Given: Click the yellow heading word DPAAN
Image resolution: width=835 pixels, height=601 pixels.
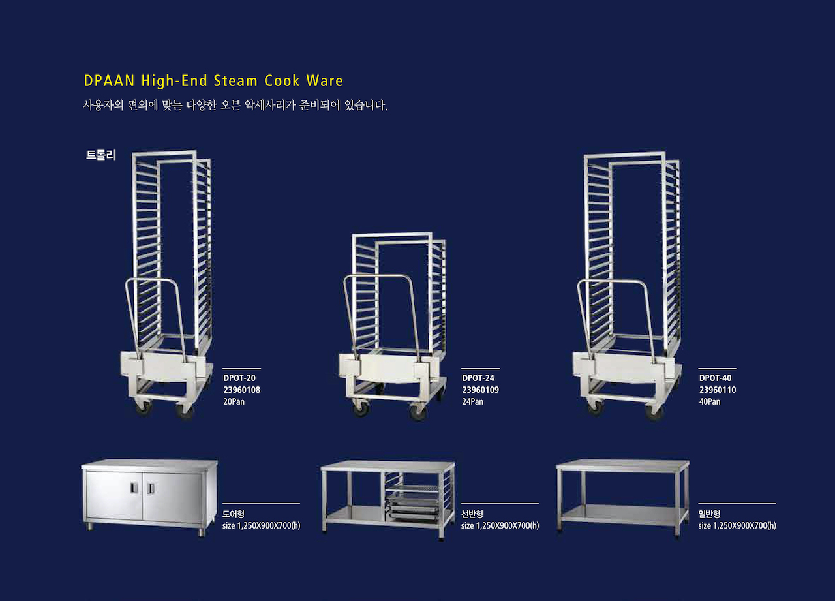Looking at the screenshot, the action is tap(109, 81).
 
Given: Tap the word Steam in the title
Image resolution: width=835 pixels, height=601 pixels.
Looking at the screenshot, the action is tap(235, 81).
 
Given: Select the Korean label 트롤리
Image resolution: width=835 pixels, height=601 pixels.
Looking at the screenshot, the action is tap(100, 155).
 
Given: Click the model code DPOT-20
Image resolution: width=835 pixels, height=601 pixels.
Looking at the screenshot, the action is tap(239, 378).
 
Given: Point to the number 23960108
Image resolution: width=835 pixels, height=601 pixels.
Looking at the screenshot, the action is tap(241, 390).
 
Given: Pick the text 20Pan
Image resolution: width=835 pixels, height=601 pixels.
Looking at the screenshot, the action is tap(234, 401).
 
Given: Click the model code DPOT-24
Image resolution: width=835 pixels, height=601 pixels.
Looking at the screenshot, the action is tap(478, 378).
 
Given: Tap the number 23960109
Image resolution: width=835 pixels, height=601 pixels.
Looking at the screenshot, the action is tap(480, 390).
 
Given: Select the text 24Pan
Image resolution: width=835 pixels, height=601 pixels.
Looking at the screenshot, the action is tap(472, 401).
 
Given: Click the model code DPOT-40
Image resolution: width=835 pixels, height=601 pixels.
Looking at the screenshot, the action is tap(715, 378).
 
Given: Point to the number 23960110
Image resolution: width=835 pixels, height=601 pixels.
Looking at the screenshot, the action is tap(717, 390).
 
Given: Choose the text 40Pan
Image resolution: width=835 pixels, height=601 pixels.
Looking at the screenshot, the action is tap(709, 401).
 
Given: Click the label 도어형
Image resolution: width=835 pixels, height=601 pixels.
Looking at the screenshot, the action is tap(234, 514).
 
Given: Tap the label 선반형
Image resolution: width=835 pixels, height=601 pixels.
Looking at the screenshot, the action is tap(472, 514).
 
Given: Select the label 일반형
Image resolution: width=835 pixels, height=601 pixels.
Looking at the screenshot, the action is tap(709, 514).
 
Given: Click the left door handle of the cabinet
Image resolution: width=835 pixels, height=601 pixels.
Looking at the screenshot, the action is tap(134, 487).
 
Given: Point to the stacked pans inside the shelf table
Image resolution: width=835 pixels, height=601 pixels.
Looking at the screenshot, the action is tap(413, 506).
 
